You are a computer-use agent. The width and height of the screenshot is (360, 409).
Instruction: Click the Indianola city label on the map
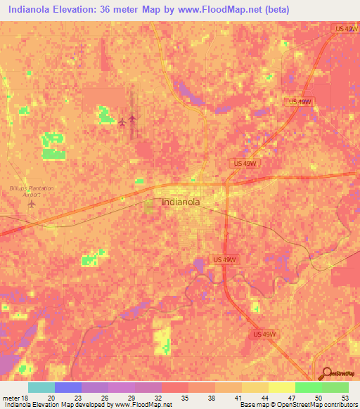click(181, 202)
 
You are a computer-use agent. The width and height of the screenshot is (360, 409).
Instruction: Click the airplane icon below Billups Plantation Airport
click(31, 204)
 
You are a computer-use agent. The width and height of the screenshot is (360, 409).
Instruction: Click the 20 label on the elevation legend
click(51, 398)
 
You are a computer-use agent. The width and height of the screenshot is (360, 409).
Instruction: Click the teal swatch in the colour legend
click(41, 387)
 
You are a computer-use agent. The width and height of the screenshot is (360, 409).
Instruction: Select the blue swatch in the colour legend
click(68, 387)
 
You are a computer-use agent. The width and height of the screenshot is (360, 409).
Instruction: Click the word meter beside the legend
click(9, 398)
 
